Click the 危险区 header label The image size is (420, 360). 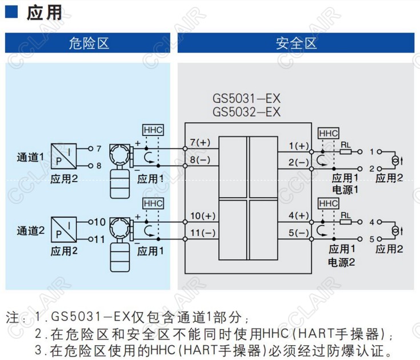(x=88, y=43)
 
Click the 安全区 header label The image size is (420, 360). (x=295, y=43)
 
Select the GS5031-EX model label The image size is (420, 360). (x=246, y=99)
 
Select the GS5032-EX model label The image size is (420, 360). (x=246, y=111)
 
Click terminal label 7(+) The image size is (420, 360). (x=200, y=142)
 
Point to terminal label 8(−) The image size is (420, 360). (x=200, y=159)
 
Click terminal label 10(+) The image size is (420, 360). (x=202, y=216)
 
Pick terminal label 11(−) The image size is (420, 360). (x=202, y=233)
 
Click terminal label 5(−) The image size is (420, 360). (x=298, y=233)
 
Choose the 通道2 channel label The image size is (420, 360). (x=30, y=230)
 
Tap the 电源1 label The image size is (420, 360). (x=345, y=189)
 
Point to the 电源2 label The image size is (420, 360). (x=342, y=262)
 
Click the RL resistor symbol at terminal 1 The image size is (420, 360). (x=345, y=152)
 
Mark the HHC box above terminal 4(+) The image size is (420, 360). (x=329, y=204)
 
